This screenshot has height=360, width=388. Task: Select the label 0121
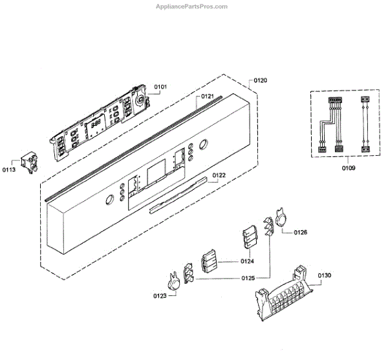point(207,97)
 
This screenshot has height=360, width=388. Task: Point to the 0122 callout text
point(218,175)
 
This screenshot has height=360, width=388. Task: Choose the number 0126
point(301,232)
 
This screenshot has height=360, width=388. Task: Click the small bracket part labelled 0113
point(28,163)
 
